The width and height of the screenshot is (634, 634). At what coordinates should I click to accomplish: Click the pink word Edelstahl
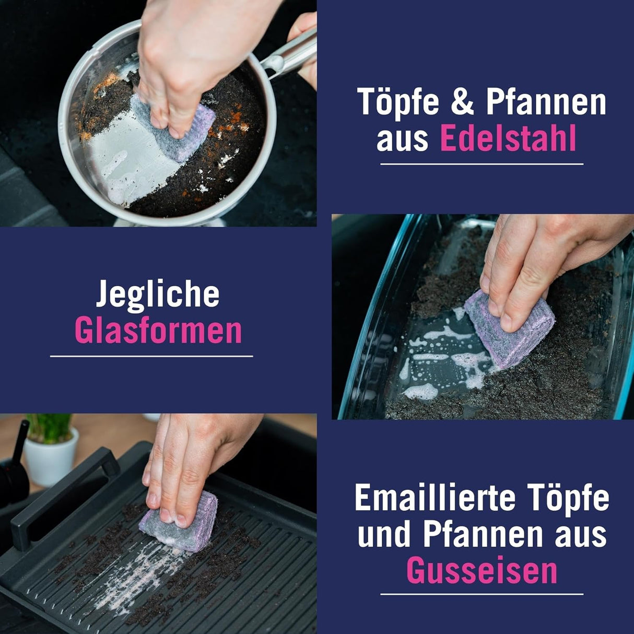pos(508,138)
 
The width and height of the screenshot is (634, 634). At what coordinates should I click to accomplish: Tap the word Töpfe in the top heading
pos(398,102)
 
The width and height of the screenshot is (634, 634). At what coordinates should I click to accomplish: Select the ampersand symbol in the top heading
pos(461,102)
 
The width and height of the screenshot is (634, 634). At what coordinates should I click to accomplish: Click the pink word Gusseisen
pos(482,570)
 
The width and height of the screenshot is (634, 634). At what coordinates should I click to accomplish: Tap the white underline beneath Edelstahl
pos(482,164)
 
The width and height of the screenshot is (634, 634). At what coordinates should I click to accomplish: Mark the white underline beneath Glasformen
pos(151,356)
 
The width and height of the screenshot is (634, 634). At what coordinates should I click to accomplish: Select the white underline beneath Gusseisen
pos(482,594)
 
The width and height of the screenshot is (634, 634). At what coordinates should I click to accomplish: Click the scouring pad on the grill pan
pos(180,522)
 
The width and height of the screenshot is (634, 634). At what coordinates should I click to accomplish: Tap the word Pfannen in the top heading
pos(546,102)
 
